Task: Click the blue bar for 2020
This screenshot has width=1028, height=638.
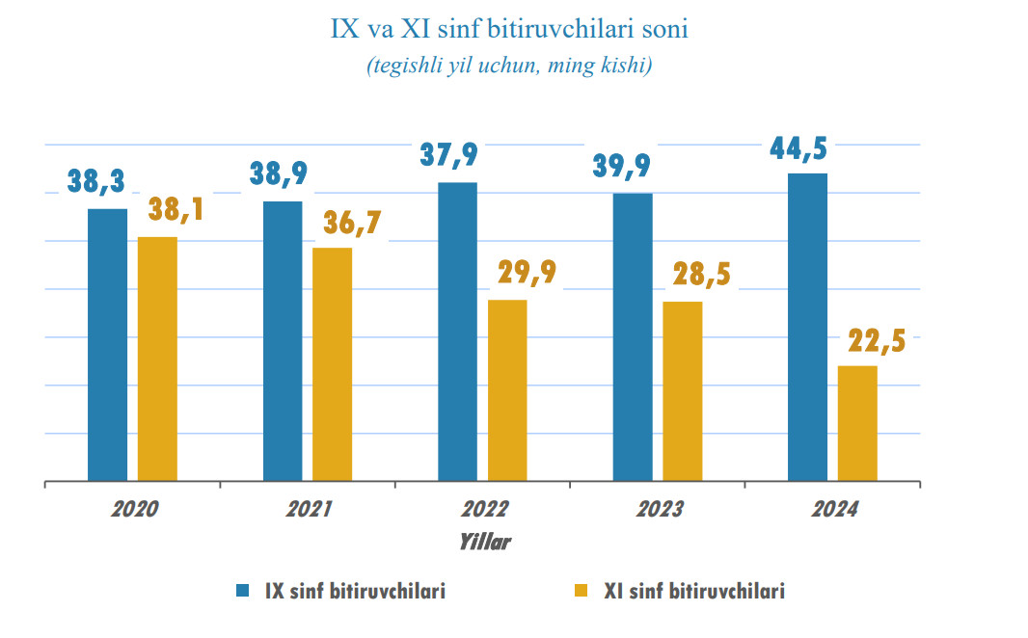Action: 107,344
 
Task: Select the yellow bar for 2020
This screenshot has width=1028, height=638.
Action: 157,359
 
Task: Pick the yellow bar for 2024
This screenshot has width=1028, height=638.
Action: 857,423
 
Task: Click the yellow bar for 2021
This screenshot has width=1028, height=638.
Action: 332,364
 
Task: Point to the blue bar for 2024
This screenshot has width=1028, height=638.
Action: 807,327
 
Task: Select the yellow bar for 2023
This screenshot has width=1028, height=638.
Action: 682,390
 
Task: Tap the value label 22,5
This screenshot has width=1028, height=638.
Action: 877,342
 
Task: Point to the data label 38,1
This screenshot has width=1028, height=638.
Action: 176,209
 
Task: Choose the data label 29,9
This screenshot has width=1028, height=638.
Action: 527,273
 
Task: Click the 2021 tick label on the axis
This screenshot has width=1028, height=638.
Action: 309,509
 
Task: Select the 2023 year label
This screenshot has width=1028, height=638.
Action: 659,509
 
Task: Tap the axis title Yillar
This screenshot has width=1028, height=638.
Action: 484,542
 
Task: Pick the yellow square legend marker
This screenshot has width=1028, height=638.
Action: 581,591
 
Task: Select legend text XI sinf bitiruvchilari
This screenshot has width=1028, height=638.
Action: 694,591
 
